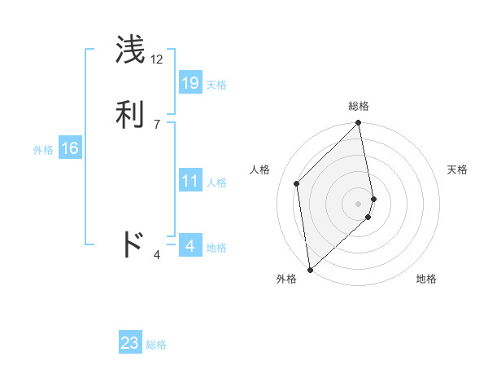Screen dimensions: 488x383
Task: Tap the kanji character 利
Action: click(131, 114)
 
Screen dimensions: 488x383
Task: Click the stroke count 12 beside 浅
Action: click(157, 59)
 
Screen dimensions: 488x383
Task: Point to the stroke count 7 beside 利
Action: click(157, 124)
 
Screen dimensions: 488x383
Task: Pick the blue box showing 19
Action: click(190, 82)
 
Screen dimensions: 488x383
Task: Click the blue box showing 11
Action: click(190, 181)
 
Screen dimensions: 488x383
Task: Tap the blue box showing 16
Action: click(70, 148)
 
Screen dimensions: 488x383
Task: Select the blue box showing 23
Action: click(130, 343)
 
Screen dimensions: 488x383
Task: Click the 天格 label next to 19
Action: click(216, 85)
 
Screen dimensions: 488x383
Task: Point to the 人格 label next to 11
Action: click(216, 183)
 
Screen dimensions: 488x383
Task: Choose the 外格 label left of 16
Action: click(43, 150)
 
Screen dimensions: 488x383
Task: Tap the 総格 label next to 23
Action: click(156, 345)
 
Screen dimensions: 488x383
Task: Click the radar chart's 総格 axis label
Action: click(359, 106)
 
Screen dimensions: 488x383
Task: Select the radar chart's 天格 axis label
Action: click(457, 169)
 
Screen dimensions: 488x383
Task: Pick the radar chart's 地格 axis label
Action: click(426, 279)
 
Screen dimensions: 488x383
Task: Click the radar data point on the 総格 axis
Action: click(359, 124)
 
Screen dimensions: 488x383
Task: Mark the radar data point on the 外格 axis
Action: click(309, 269)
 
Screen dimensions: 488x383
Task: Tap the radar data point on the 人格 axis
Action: click(297, 183)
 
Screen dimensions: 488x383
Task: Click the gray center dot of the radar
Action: click(359, 203)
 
